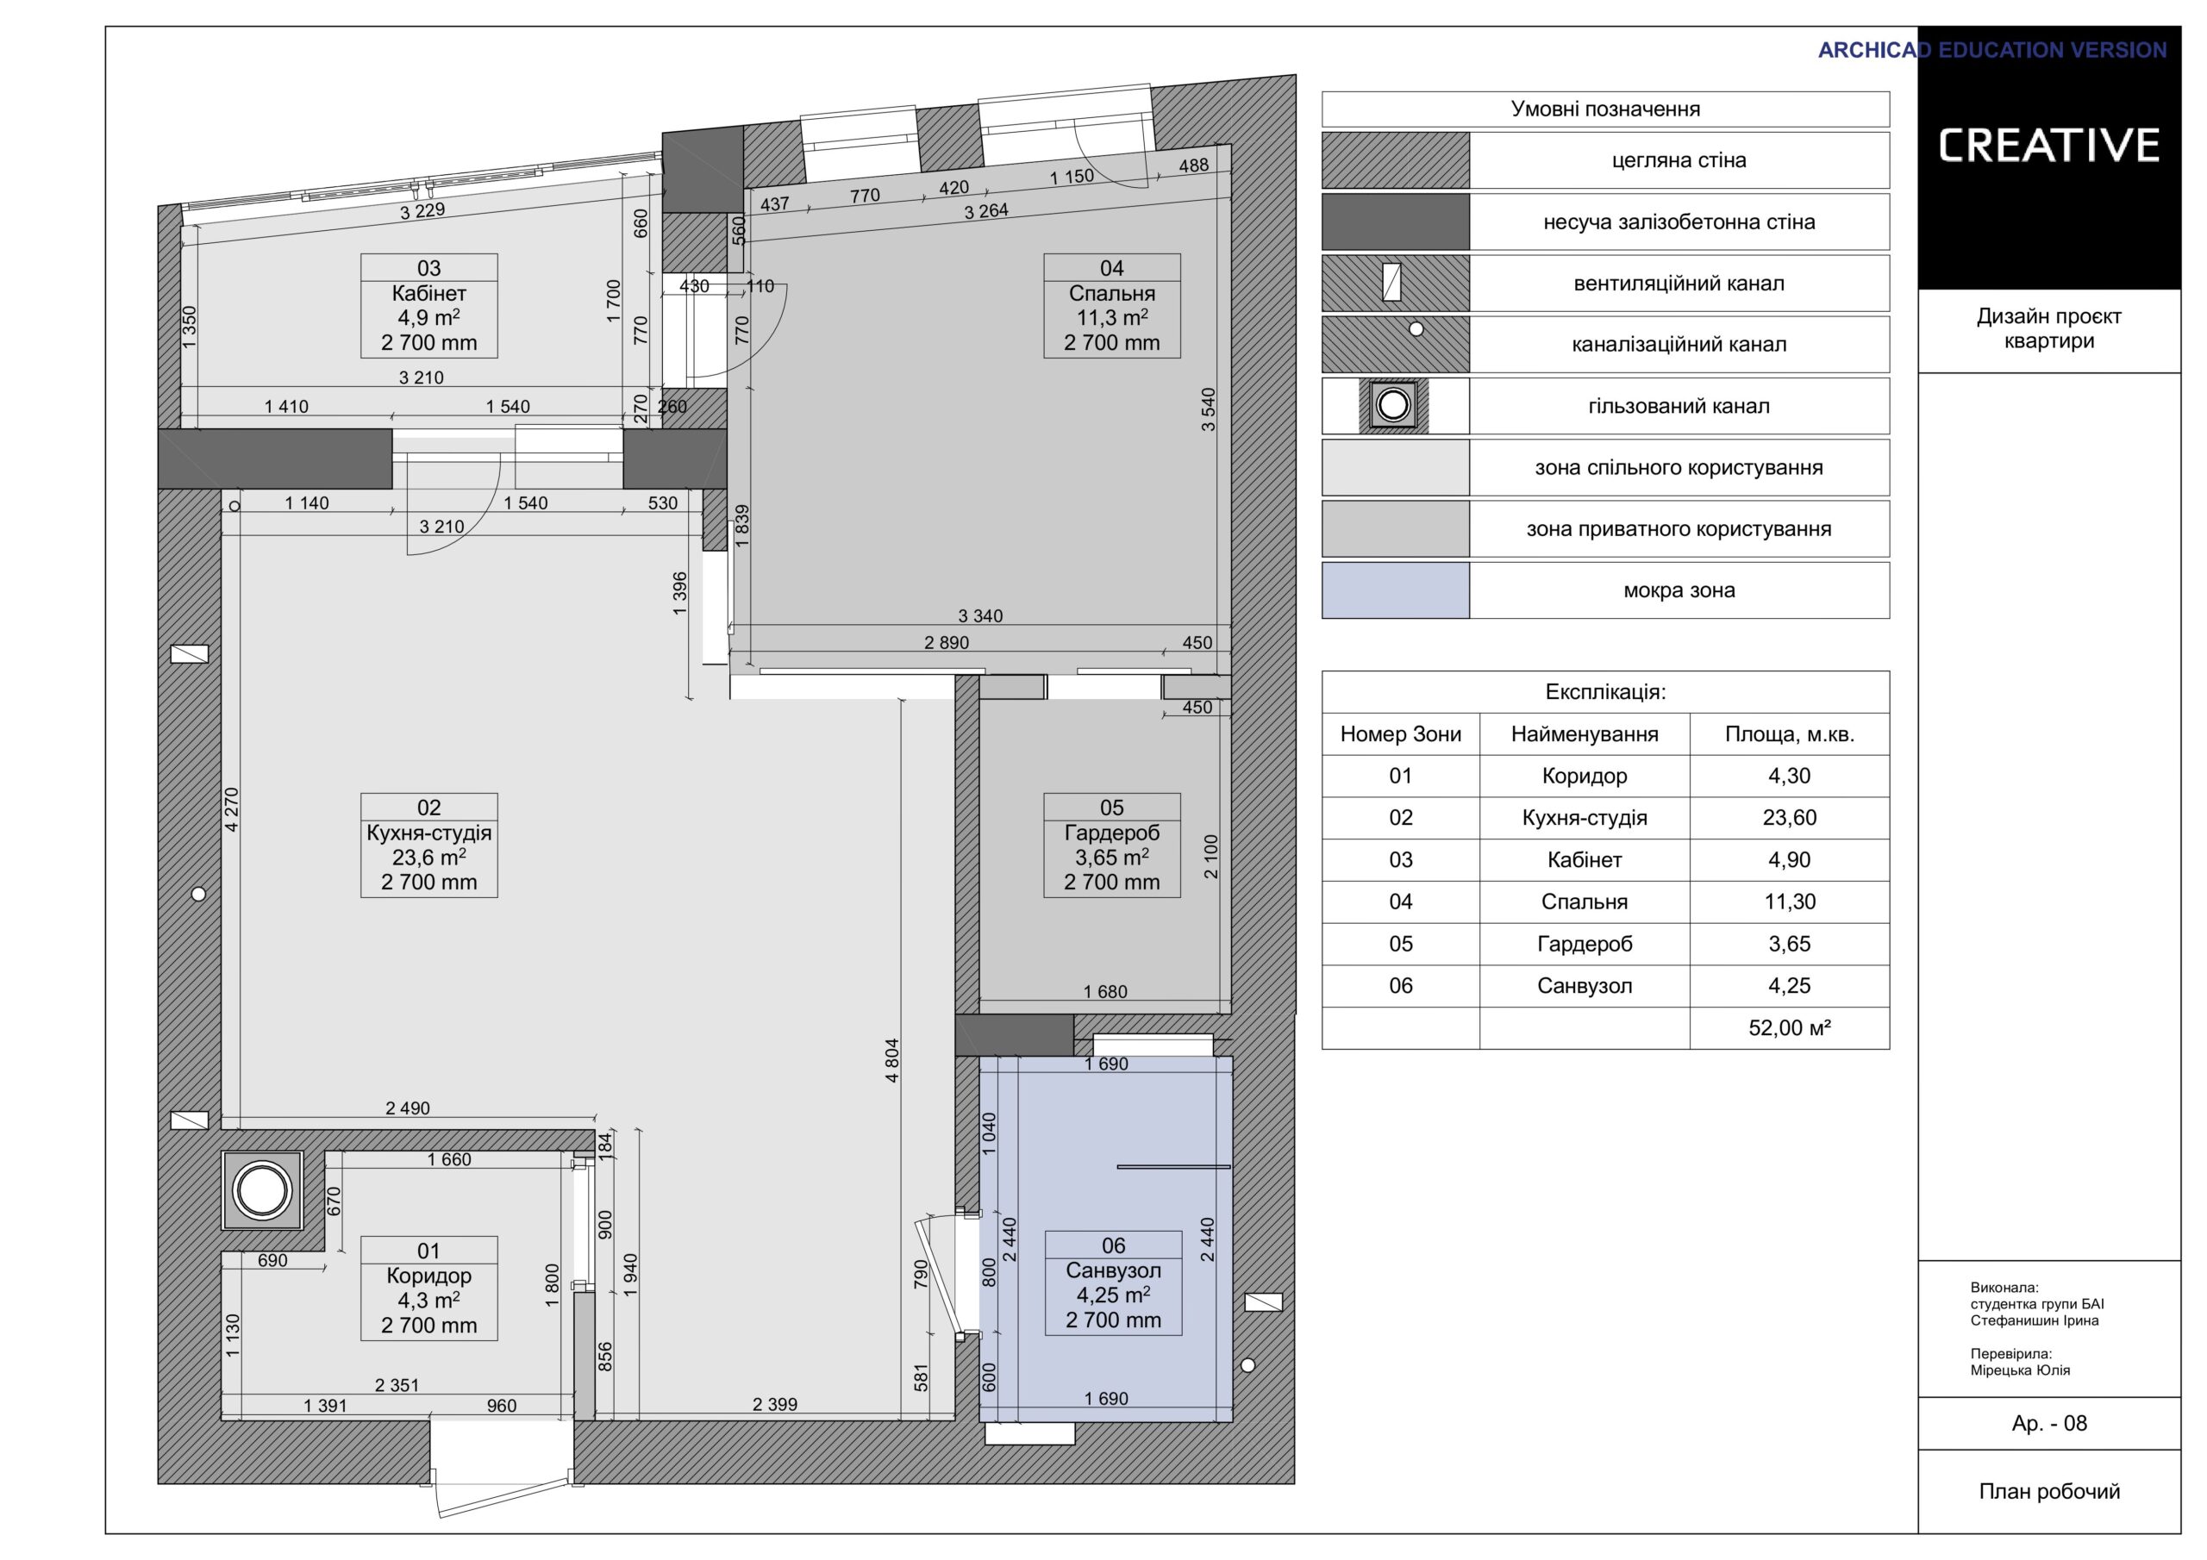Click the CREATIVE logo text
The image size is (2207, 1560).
tap(2048, 145)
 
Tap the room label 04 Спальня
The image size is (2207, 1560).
tap(1112, 306)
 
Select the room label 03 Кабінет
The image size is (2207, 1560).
tap(428, 306)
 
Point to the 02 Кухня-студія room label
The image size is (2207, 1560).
tap(428, 845)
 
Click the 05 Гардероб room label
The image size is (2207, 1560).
tap(1112, 845)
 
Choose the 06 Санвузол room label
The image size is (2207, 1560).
tap(1113, 1283)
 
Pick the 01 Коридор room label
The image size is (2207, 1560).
tap(428, 1288)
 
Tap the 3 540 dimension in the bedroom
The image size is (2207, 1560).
tap(1209, 409)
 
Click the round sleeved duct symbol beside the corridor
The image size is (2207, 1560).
tap(262, 1192)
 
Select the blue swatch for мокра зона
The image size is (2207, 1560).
tap(1396, 590)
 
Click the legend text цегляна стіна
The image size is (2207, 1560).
tap(1679, 160)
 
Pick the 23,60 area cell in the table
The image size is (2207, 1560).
tap(1790, 818)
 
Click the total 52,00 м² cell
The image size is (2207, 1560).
tap(1790, 1027)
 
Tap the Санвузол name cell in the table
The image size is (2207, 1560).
tap(1585, 986)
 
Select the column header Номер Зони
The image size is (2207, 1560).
tap(1401, 734)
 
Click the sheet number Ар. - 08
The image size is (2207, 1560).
tap(2049, 1424)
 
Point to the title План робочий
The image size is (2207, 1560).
tap(2049, 1492)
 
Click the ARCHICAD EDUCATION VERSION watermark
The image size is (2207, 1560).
tap(1992, 50)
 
